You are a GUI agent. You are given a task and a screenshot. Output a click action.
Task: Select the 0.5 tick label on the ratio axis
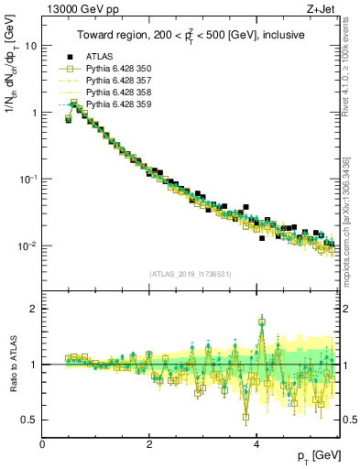point(29,420)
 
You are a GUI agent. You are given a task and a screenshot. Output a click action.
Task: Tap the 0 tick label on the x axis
point(43,444)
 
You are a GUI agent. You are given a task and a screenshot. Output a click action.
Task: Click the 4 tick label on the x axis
point(256,444)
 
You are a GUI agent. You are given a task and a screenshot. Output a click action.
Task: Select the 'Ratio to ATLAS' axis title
point(12,364)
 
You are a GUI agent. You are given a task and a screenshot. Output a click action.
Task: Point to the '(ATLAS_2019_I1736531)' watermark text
point(191,274)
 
